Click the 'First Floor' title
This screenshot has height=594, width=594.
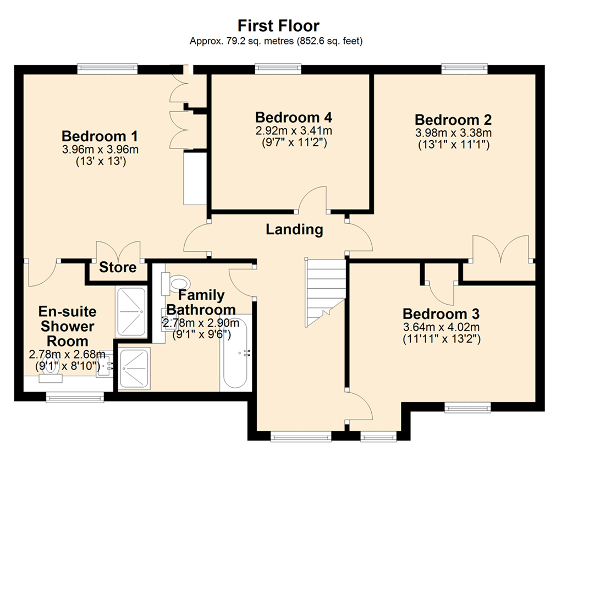(x=278, y=25)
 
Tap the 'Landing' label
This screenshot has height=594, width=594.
(x=294, y=229)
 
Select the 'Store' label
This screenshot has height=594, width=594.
(x=118, y=268)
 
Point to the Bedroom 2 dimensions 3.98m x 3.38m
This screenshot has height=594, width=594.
(x=453, y=133)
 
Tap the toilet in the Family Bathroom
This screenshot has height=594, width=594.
(x=177, y=284)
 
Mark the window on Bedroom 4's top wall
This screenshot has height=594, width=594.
(x=278, y=69)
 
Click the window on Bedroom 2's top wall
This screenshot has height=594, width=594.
(x=465, y=69)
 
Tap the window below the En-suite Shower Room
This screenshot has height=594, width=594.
(x=75, y=397)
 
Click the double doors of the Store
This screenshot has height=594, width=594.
(x=119, y=250)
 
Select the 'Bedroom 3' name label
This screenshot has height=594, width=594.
(x=441, y=314)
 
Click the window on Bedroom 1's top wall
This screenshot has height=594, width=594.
(x=107, y=69)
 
